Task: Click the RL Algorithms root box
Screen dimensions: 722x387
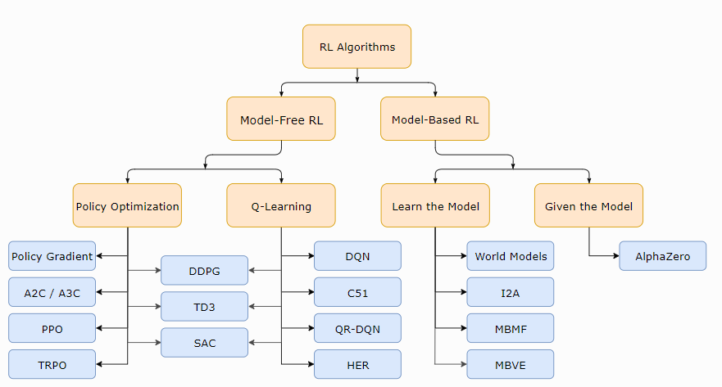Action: point(356,47)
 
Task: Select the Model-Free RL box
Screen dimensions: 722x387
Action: point(281,119)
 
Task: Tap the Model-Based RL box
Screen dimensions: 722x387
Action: point(434,119)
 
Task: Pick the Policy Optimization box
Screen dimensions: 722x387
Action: point(127,205)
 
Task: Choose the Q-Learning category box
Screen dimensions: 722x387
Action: point(281,205)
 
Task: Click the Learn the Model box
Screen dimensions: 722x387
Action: point(435,205)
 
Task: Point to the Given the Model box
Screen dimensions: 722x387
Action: point(588,205)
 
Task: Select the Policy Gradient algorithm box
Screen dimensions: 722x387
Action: point(52,256)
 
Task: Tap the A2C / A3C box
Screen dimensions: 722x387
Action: point(52,292)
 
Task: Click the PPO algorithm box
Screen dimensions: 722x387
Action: point(52,328)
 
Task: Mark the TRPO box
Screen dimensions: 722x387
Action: point(52,364)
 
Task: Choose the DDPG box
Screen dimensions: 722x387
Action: point(204,270)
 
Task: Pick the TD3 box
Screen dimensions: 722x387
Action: point(204,307)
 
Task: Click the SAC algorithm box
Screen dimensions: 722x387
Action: point(204,343)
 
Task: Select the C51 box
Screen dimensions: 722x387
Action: point(357,292)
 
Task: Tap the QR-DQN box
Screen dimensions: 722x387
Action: point(357,328)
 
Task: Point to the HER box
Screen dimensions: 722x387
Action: point(357,364)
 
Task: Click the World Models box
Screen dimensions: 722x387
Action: point(511,256)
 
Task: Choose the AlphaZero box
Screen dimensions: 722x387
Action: point(663,256)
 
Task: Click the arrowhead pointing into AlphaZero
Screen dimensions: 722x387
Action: point(616,255)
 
